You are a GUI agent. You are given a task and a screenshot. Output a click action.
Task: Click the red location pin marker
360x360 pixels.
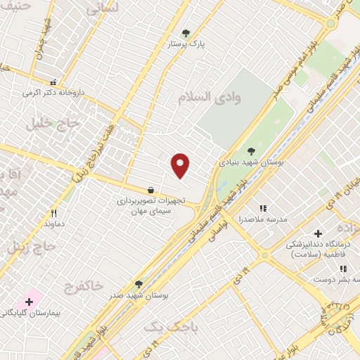[181, 165]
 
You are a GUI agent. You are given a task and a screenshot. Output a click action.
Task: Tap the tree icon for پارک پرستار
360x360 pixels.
[186, 32]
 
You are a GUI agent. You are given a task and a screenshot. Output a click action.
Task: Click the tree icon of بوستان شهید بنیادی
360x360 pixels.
[251, 150]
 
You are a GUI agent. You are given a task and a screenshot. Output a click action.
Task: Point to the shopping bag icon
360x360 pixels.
[150, 189]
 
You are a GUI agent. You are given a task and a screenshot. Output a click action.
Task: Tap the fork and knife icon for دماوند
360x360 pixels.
[53, 212]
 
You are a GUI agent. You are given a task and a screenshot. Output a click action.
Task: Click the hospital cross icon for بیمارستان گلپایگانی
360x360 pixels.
[29, 301]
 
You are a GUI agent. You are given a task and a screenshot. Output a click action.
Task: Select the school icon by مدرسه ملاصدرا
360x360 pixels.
[263, 208]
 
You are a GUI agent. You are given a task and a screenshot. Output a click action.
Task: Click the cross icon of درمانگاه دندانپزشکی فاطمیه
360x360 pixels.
[317, 233]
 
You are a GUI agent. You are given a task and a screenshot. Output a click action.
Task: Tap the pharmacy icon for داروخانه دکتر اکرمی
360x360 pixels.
[53, 81]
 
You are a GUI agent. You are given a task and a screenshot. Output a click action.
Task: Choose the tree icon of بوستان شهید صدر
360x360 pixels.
[139, 284]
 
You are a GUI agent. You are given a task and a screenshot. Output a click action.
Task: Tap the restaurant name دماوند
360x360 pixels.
[54, 224]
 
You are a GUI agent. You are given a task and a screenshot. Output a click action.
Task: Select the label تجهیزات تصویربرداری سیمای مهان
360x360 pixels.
[150, 206]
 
